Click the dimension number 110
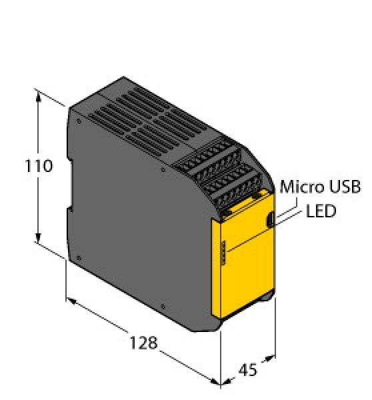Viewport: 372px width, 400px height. coord(39,167)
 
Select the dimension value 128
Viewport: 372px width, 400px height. coord(143,343)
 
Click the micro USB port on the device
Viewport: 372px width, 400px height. coord(271,218)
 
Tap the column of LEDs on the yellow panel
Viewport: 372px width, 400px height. coord(223,253)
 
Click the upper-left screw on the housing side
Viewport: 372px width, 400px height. coord(78,123)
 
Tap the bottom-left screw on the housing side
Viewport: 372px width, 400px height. coord(78,257)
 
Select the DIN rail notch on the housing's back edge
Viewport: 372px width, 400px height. coord(68,210)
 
